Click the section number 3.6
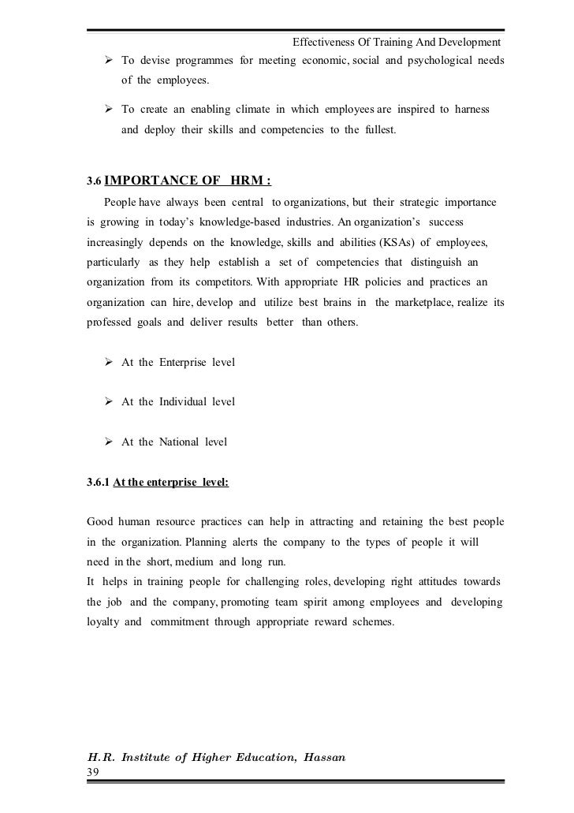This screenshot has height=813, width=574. point(93,180)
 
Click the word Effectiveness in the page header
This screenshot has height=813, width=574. point(326,41)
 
